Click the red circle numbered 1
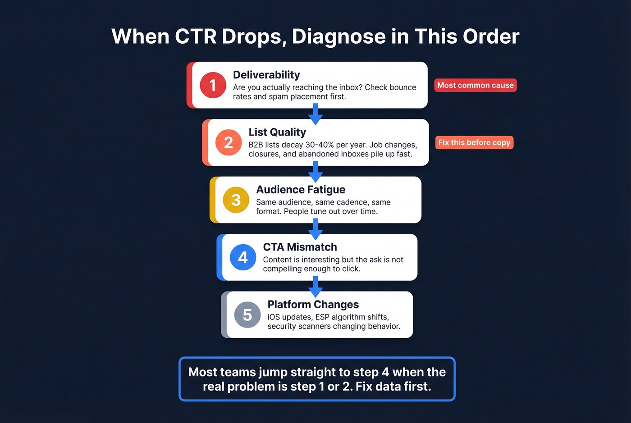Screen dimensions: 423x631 tap(213, 85)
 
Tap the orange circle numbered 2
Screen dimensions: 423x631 tap(229, 142)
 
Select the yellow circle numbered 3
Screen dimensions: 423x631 tap(236, 200)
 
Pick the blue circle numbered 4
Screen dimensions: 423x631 tap(243, 257)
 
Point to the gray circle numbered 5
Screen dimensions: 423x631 tap(247, 314)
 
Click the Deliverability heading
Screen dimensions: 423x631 tap(266, 75)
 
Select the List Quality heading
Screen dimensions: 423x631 tap(277, 132)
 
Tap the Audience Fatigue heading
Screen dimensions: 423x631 tap(301, 190)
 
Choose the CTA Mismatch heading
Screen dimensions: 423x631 tap(300, 247)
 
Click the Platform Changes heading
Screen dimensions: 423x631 tap(313, 305)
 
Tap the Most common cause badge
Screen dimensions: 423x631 tap(475, 85)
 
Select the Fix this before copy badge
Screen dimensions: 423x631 tap(474, 142)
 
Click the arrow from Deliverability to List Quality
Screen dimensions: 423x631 tap(315, 114)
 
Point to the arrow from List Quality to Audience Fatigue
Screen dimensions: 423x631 tap(315, 171)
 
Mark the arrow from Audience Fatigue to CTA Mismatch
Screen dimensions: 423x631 tap(315, 229)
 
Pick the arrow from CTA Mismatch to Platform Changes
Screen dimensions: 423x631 tap(315, 286)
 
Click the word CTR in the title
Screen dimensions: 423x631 tap(196, 36)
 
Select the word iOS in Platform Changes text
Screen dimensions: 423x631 tap(274, 317)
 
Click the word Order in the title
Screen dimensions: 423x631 tap(491, 36)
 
